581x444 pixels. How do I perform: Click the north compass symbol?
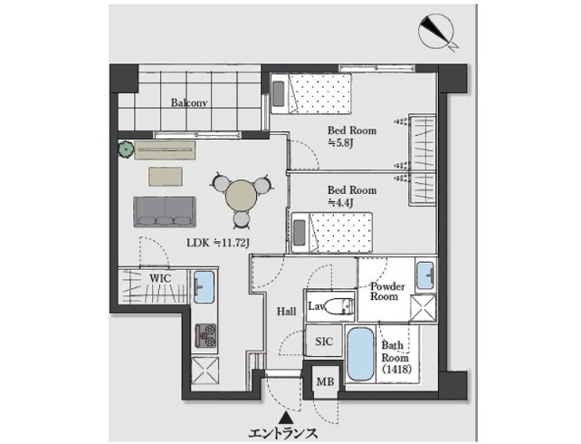pos(437,32)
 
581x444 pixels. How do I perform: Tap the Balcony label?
pos(188,102)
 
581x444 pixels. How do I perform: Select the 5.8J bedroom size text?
pos(339,143)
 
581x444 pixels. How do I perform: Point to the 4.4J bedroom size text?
pos(339,203)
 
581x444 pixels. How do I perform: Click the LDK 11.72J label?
pos(218,243)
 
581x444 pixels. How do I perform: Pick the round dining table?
pos(242,196)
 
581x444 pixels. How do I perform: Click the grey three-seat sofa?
pos(165,212)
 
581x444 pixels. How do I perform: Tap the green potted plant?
pos(127,150)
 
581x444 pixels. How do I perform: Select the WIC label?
pos(160,278)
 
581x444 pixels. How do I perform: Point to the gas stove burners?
pos(205,335)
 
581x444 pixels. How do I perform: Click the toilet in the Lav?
pos(339,305)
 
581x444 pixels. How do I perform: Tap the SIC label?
pos(324,342)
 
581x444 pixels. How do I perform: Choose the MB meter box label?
pos(325,381)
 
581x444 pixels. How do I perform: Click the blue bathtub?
pos(361,354)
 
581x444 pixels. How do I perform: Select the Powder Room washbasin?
pos(425,275)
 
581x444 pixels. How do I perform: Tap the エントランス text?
pos(283,433)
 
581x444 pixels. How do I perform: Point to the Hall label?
pos(287,312)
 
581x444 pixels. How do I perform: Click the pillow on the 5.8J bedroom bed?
pos(278,94)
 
